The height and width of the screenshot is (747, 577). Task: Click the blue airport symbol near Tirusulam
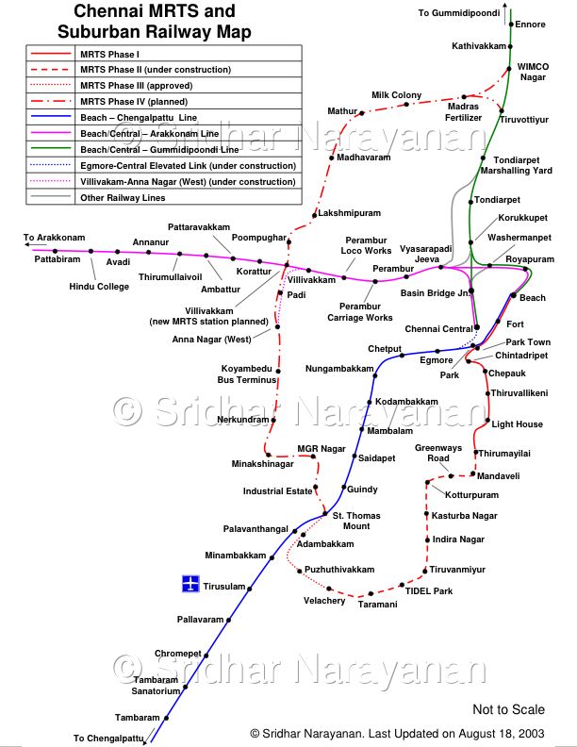190,585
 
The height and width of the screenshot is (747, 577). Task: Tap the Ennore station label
532,25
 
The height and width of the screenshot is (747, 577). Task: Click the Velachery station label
324,601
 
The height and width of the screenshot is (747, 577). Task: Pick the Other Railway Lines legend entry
124,198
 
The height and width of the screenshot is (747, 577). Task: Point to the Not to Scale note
508,709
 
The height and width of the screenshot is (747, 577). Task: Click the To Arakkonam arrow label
55,238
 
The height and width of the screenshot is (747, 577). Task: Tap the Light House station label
518,424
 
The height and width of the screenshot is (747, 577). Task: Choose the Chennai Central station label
438,328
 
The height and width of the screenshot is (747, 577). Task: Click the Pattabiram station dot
57,251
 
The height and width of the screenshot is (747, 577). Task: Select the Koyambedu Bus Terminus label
246,373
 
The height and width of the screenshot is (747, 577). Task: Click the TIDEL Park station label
429,591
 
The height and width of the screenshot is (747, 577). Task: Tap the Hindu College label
99,287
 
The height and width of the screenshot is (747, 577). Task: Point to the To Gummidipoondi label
460,12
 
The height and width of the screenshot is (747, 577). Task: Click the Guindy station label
362,490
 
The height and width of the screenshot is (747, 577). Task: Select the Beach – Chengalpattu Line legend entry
139,117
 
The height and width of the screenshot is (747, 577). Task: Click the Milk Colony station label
396,95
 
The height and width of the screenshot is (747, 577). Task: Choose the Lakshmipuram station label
349,214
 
